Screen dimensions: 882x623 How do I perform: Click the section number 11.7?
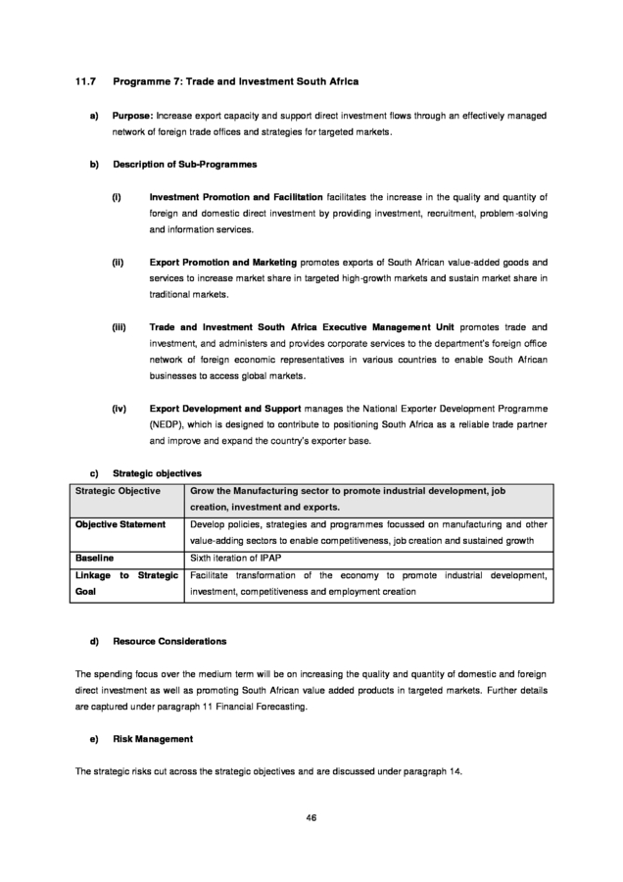(x=85, y=79)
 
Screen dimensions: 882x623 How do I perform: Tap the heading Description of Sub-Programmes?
(x=185, y=164)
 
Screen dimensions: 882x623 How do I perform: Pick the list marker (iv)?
(x=120, y=407)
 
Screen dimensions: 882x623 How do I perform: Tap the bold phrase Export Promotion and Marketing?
(x=223, y=264)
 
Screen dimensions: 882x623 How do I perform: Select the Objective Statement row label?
(x=120, y=524)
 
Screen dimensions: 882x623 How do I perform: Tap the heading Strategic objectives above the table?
(x=158, y=472)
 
